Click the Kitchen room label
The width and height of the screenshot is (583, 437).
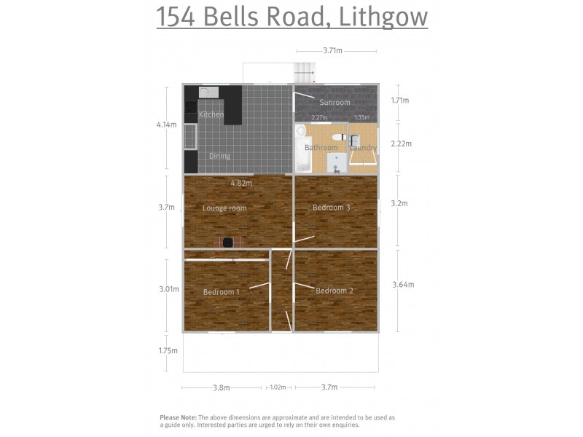(211, 115)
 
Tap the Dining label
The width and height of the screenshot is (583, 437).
(219, 156)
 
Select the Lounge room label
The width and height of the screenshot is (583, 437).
(224, 208)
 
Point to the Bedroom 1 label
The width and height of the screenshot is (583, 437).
(222, 292)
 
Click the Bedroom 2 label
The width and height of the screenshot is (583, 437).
(334, 291)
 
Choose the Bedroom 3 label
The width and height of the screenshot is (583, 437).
(332, 208)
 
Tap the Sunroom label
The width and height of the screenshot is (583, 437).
(334, 103)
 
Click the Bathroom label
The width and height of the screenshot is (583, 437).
(321, 148)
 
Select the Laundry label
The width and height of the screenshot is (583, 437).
(363, 148)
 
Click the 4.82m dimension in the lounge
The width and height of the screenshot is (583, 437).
(241, 183)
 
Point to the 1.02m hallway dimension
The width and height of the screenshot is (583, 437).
(278, 387)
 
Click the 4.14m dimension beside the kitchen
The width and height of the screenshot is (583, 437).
(166, 125)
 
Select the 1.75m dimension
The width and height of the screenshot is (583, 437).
(168, 350)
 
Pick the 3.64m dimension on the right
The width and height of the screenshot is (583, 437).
(403, 285)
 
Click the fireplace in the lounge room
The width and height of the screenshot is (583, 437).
(228, 243)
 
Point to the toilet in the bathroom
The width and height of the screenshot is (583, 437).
(338, 137)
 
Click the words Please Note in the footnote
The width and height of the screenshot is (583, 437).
(178, 417)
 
